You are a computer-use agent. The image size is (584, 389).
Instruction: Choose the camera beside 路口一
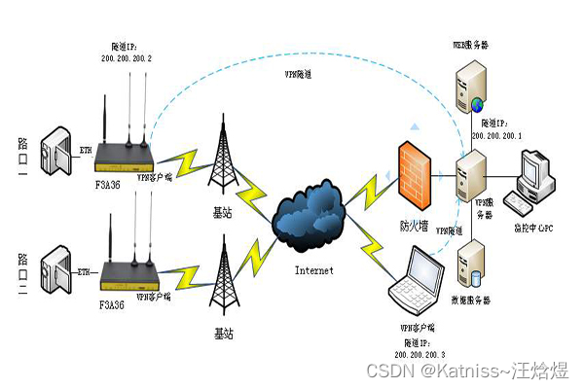click(57, 153)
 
